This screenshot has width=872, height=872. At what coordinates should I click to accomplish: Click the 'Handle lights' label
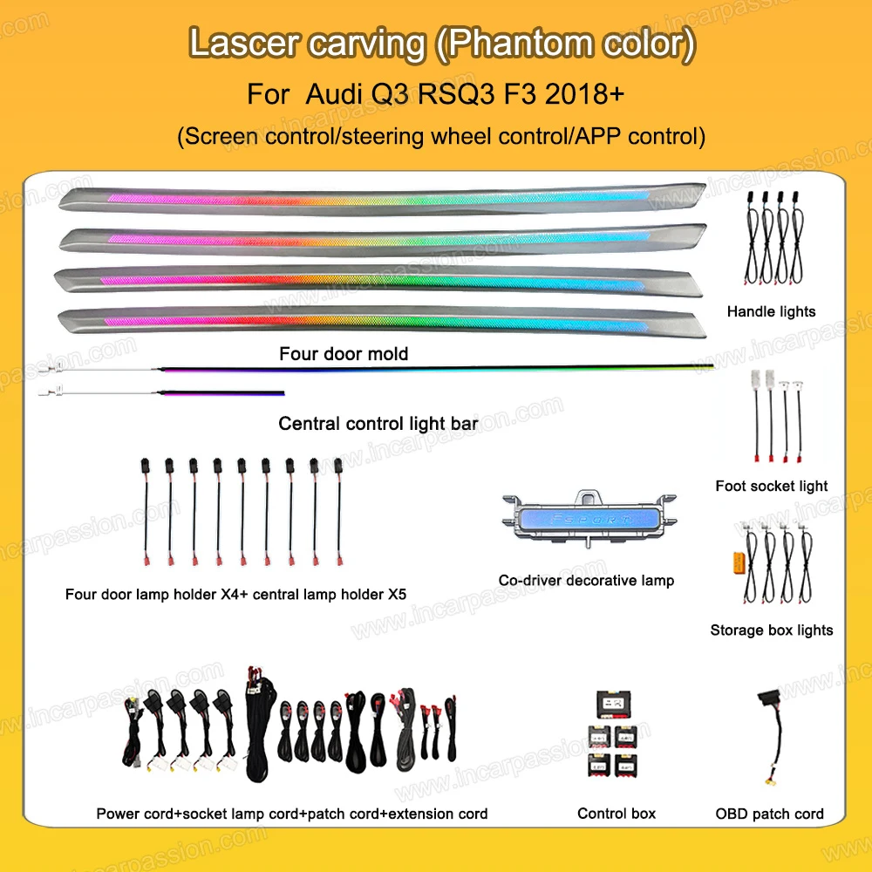click(x=771, y=311)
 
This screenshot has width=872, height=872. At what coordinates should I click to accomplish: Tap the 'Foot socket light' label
click(x=771, y=486)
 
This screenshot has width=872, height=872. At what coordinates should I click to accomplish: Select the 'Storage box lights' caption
click(x=771, y=630)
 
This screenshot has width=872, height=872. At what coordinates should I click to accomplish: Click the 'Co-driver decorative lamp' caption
click(x=586, y=580)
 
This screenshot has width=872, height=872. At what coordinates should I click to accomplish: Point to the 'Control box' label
click(x=616, y=814)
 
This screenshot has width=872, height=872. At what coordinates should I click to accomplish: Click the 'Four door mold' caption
click(x=343, y=354)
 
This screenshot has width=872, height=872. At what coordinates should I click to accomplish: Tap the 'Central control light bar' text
click(x=377, y=424)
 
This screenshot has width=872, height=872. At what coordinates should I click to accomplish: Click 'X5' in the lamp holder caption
click(x=395, y=596)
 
